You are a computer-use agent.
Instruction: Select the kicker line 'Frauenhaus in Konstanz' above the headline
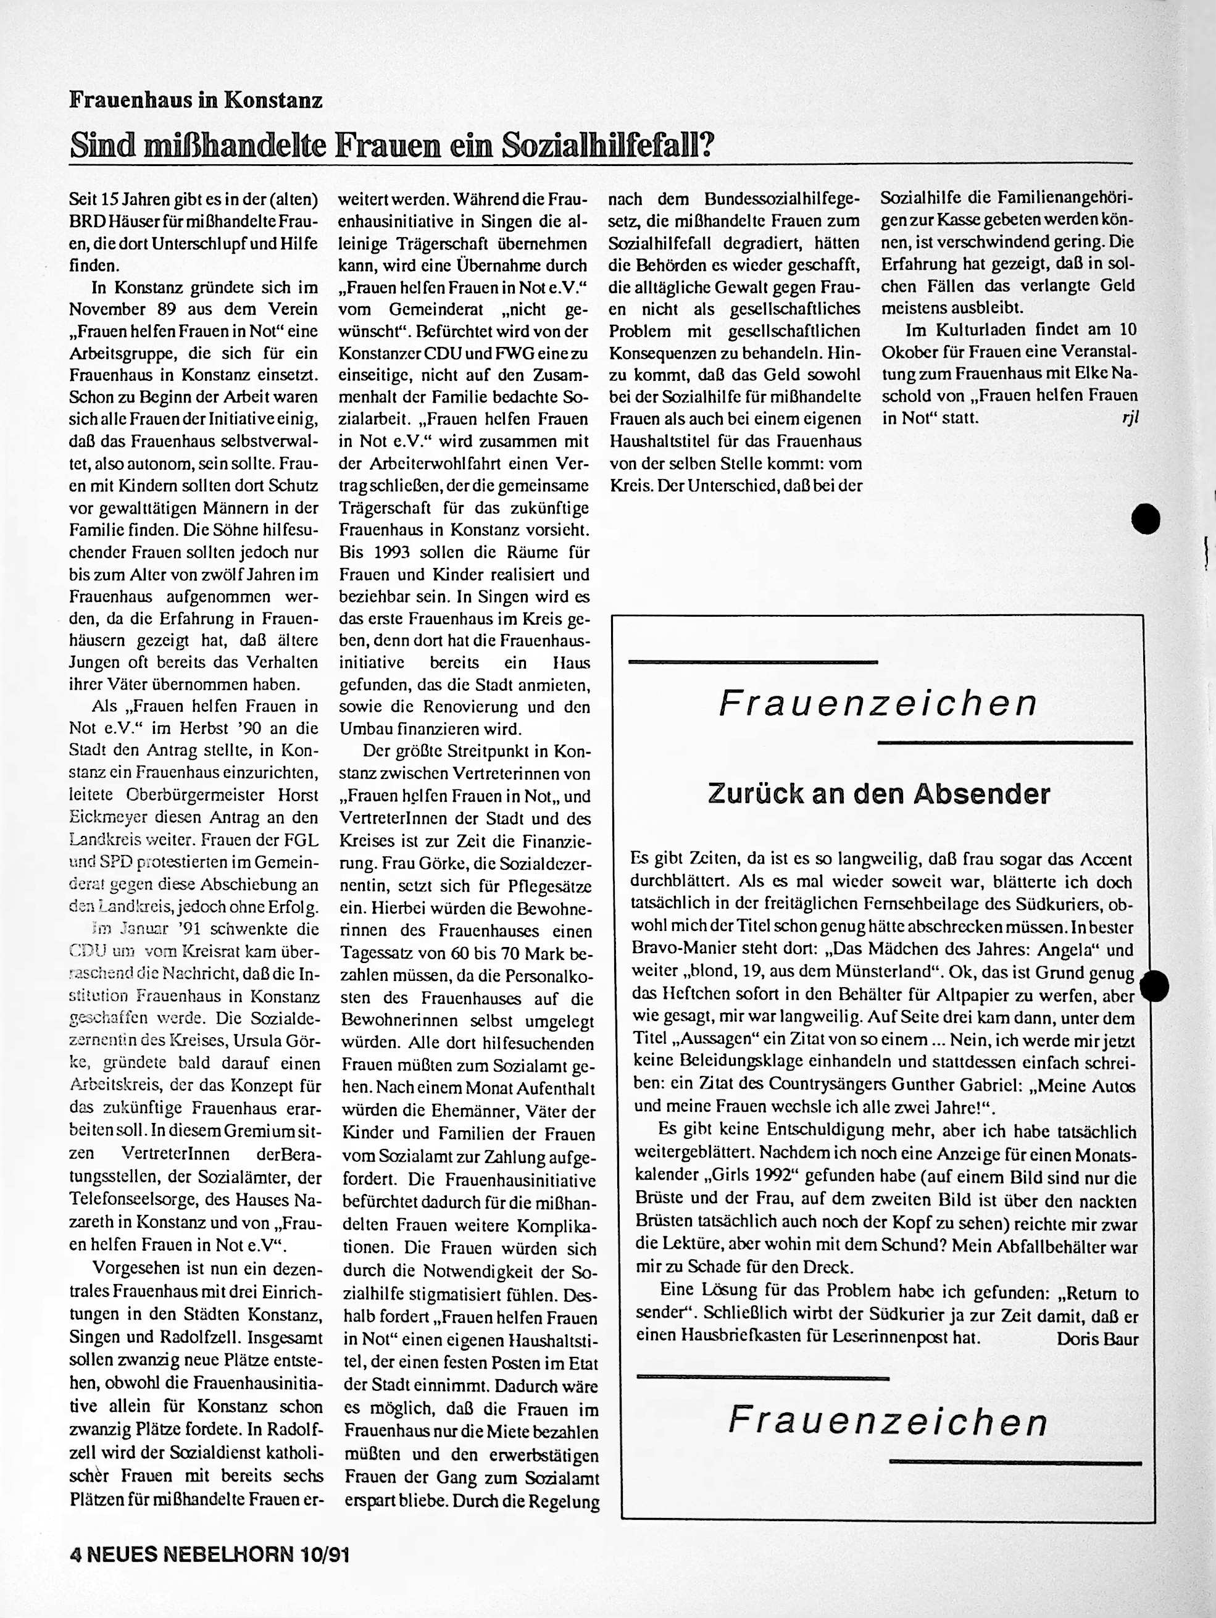(x=196, y=99)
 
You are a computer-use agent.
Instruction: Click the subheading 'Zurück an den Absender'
(x=879, y=794)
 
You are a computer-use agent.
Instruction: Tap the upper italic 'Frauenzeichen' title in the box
(x=878, y=704)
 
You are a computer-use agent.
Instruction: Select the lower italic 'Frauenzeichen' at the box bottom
(x=888, y=1421)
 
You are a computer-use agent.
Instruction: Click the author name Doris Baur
(x=1097, y=1338)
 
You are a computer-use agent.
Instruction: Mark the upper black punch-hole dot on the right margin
(x=1145, y=519)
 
